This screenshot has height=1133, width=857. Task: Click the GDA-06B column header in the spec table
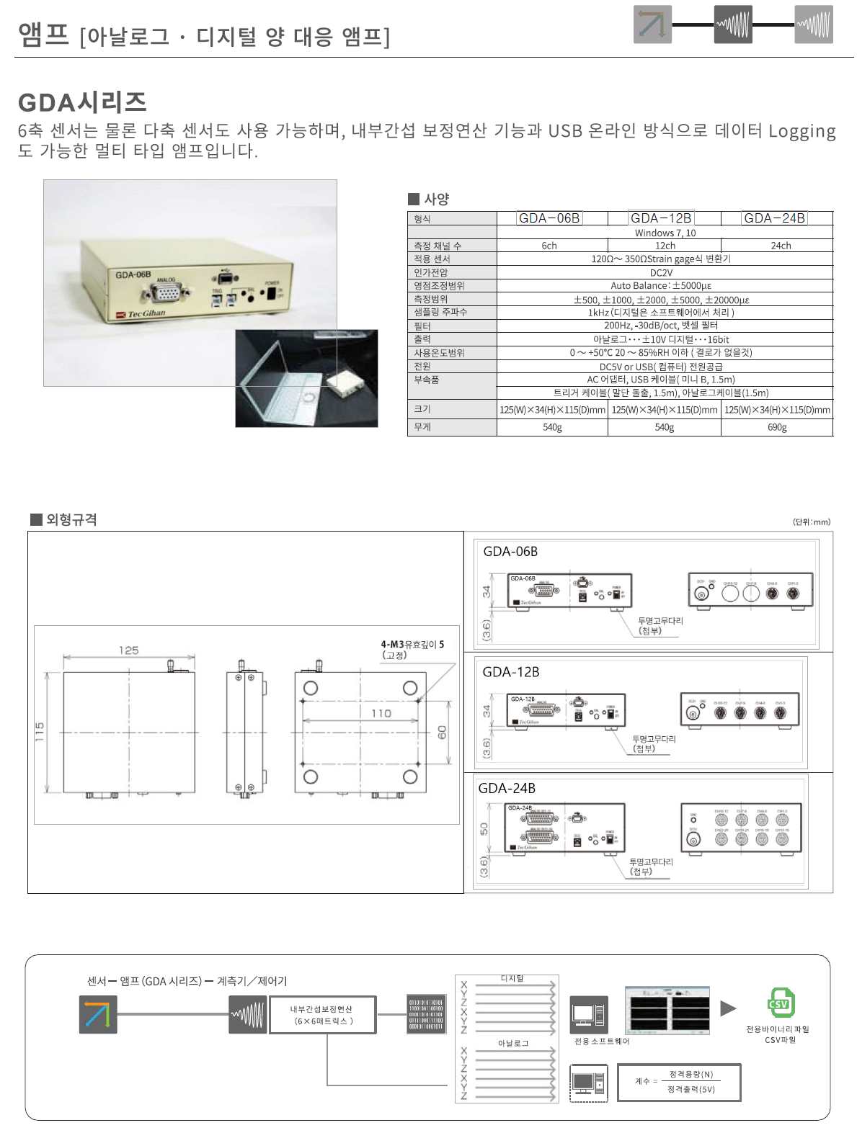point(549,218)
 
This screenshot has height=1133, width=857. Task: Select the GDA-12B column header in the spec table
point(661,218)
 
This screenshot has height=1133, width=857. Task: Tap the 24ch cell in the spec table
point(781,246)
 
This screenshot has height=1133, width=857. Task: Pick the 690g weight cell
point(777,427)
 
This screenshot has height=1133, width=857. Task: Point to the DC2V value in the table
point(661,273)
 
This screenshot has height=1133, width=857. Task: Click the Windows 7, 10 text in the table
point(665,233)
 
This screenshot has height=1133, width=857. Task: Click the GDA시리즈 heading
point(82,102)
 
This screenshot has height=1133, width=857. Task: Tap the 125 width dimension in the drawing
point(129,650)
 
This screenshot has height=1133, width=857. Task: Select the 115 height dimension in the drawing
point(40,732)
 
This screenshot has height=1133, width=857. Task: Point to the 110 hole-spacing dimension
point(381,713)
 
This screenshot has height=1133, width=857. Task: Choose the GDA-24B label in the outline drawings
point(507,789)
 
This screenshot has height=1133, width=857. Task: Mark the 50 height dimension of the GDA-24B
point(484,828)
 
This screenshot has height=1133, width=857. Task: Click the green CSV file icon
point(780,1003)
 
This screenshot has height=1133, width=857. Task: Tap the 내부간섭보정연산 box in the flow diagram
point(322,1015)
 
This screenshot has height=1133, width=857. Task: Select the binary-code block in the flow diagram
point(426,1014)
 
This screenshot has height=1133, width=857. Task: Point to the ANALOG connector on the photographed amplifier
point(165,292)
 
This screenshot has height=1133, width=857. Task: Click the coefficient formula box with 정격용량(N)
point(679,1082)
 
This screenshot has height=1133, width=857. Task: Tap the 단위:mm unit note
point(811,521)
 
